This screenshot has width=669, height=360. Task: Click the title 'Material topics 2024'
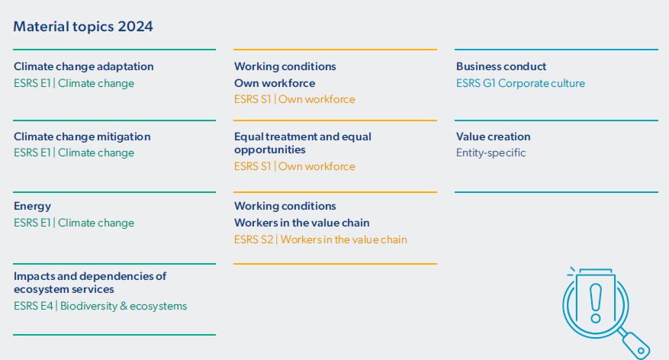click(83, 27)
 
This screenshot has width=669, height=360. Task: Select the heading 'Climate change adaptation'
click(84, 66)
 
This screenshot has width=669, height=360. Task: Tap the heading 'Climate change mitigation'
click(82, 137)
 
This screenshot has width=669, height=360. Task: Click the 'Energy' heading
click(33, 207)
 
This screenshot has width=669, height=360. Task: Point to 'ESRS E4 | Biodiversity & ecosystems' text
click(100, 306)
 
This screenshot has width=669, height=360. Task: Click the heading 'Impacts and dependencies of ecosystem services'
click(90, 282)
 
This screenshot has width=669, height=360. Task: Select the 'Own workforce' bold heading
click(275, 83)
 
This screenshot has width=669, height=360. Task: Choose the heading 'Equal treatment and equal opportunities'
click(303, 143)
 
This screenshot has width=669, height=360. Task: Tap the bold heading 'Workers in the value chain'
click(301, 223)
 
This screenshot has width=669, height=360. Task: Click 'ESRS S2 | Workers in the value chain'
click(320, 239)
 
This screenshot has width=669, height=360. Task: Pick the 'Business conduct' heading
click(501, 66)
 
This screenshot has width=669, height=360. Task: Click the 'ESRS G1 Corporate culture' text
click(520, 83)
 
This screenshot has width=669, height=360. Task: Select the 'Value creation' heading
click(494, 137)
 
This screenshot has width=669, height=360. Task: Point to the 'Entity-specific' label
click(490, 153)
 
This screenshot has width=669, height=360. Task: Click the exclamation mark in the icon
click(596, 304)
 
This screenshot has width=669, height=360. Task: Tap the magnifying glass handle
click(635, 344)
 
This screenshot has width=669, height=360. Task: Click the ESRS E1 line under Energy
click(74, 223)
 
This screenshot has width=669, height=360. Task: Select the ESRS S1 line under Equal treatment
click(294, 166)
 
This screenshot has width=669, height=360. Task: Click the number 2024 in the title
click(135, 27)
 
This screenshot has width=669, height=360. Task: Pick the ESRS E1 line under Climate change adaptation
click(74, 83)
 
